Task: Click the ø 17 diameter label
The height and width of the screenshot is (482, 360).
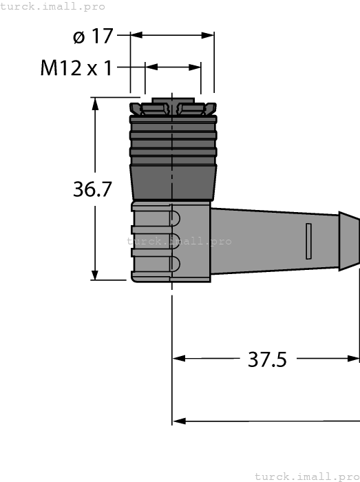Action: pos(92,36)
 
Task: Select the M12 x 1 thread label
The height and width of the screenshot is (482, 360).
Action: pos(76,68)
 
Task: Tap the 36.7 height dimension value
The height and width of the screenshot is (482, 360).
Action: pos(92,189)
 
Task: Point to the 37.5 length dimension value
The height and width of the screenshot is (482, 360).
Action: pos(266,359)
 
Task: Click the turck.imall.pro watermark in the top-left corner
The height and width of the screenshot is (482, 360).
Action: pos(53,6)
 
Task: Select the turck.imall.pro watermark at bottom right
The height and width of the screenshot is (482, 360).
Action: pos(306,476)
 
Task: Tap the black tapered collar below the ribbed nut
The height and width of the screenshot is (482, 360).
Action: pos(172,180)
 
